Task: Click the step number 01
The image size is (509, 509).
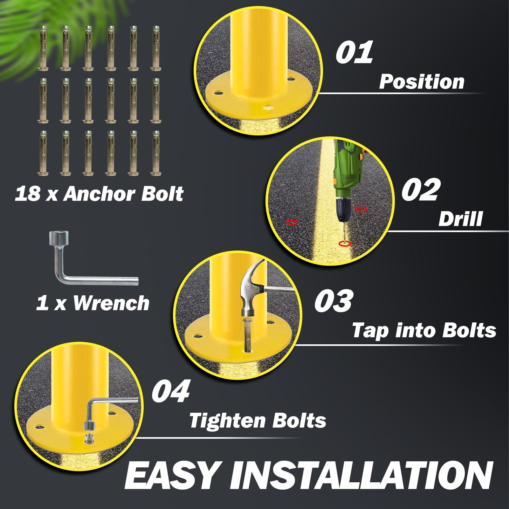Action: pos(354,52)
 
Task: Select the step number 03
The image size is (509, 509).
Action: pos(333,300)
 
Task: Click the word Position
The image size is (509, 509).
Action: pos(422,82)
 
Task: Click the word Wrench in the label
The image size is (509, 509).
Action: pos(111,303)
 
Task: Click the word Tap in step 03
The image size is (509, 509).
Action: pos(370,331)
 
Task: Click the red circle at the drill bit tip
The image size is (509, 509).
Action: pos(345,244)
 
